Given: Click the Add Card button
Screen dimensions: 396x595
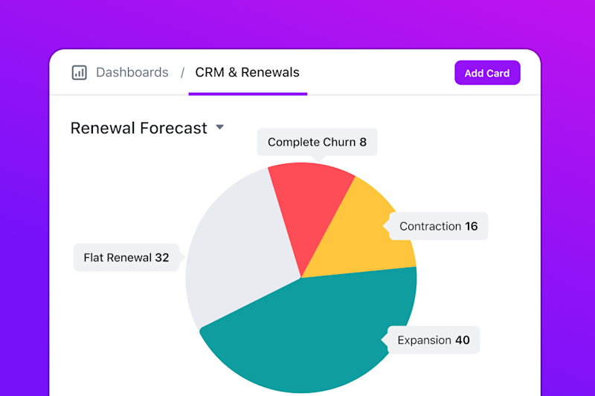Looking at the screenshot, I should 487,73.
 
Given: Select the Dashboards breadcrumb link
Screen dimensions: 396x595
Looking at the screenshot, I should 132,73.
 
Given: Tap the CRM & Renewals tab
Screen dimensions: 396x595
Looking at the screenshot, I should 247,73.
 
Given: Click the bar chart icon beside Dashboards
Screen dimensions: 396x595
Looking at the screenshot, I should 79,73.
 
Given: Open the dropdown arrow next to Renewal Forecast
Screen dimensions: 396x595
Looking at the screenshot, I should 219,127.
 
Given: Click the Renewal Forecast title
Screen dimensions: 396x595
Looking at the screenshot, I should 138,128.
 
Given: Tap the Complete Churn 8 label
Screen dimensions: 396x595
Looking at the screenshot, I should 317,142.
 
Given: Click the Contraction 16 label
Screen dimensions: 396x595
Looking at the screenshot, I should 438,226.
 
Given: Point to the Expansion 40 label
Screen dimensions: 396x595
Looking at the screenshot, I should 434,340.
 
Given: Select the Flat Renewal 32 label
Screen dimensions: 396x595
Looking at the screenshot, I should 126,258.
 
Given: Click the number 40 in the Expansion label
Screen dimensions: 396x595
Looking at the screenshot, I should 462,340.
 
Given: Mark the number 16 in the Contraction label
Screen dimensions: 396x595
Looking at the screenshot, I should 471,226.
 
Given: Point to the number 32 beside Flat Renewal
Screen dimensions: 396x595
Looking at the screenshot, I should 161,258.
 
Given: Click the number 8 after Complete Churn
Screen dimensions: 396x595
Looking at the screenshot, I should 363,142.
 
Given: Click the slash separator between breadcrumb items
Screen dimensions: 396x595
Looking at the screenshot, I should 182,73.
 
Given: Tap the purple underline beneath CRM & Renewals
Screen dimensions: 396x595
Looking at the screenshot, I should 248,94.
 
